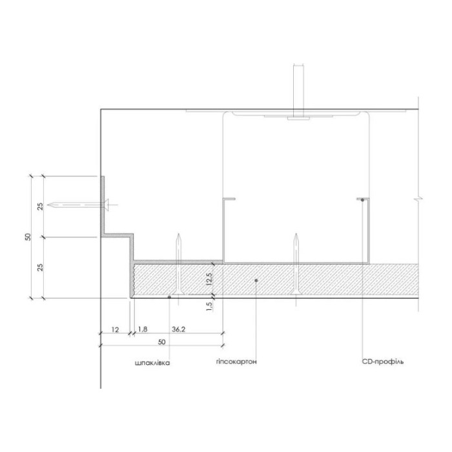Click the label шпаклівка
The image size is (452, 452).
[x=152, y=363]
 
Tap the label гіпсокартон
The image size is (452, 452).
[x=236, y=362]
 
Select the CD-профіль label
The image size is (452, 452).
[x=382, y=362]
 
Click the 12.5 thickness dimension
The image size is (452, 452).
[x=210, y=279]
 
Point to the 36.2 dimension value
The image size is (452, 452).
[x=178, y=329]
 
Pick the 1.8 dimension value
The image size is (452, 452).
[x=143, y=329]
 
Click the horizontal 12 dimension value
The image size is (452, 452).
[x=115, y=329]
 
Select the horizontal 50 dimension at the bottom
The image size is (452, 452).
[x=161, y=342]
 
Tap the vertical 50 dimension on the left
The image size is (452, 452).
[x=28, y=237]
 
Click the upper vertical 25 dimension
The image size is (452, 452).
[x=40, y=207]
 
